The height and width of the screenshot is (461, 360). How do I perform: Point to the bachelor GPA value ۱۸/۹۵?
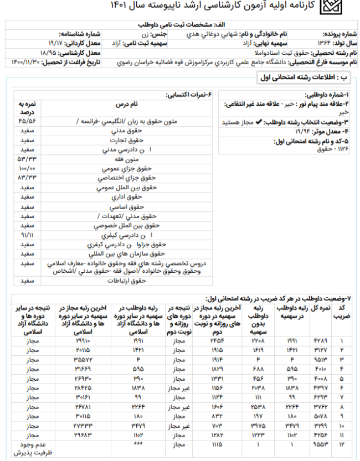tap(50, 52)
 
